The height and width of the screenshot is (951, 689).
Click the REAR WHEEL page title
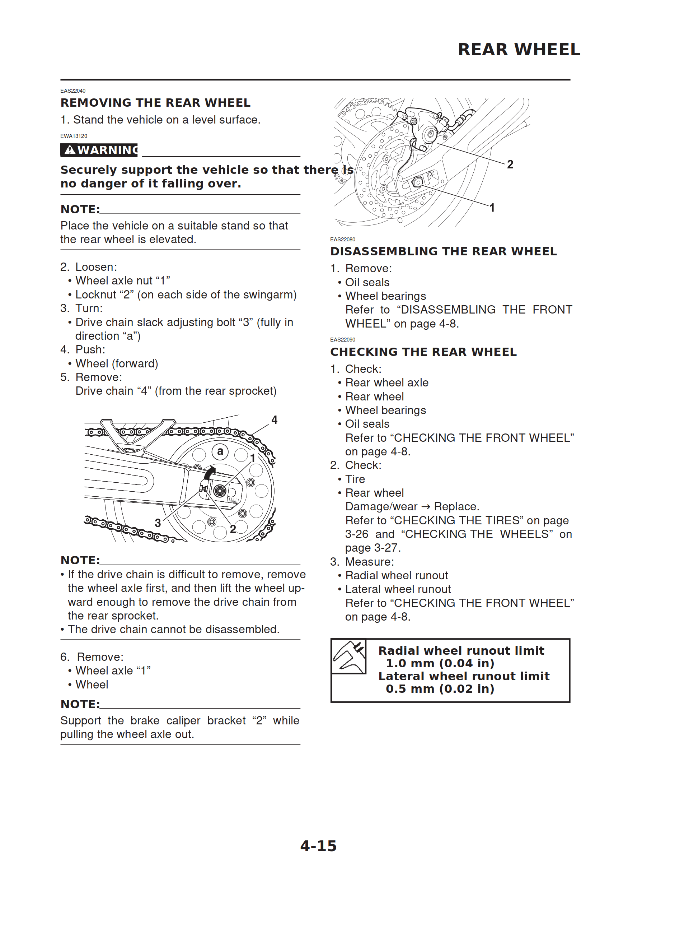[x=519, y=50]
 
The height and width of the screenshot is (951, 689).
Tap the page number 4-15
[x=318, y=846]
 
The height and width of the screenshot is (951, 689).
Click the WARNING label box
[x=99, y=150]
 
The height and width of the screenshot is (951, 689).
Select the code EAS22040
[x=73, y=91]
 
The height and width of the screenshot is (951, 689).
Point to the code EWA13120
[x=74, y=136]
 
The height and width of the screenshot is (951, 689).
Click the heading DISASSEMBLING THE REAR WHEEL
[x=444, y=251]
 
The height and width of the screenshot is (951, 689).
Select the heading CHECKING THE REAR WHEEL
[x=423, y=352]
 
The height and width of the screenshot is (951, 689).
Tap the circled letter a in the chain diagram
[x=220, y=451]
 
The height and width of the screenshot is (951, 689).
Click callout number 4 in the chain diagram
[x=274, y=420]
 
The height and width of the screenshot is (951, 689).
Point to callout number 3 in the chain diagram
[x=158, y=523]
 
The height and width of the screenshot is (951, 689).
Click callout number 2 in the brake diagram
[x=510, y=164]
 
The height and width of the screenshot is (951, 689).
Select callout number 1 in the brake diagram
[x=492, y=208]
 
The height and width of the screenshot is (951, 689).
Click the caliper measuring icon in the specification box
[x=349, y=656]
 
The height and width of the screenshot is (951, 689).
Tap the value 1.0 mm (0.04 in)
[x=440, y=663]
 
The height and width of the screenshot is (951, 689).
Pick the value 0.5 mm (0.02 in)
[x=440, y=689]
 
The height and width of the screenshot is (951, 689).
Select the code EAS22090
[x=342, y=340]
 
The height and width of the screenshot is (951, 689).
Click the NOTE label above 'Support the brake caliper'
[x=80, y=704]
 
